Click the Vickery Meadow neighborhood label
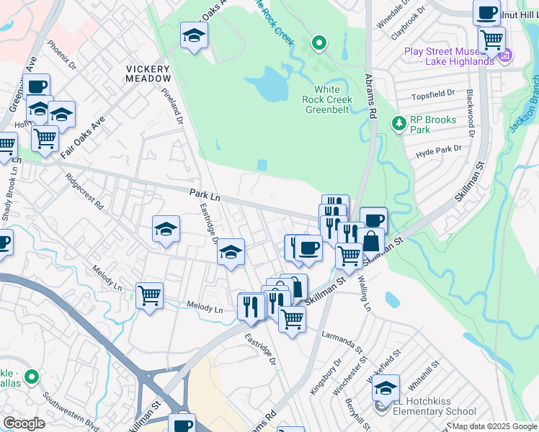tap(148, 73)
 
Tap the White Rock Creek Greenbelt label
tap(333, 99)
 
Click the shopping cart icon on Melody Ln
tap(149, 294)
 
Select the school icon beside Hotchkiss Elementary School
tap(386, 388)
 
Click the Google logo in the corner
tap(24, 423)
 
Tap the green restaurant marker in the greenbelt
tap(318, 44)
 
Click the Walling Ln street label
tap(366, 291)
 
